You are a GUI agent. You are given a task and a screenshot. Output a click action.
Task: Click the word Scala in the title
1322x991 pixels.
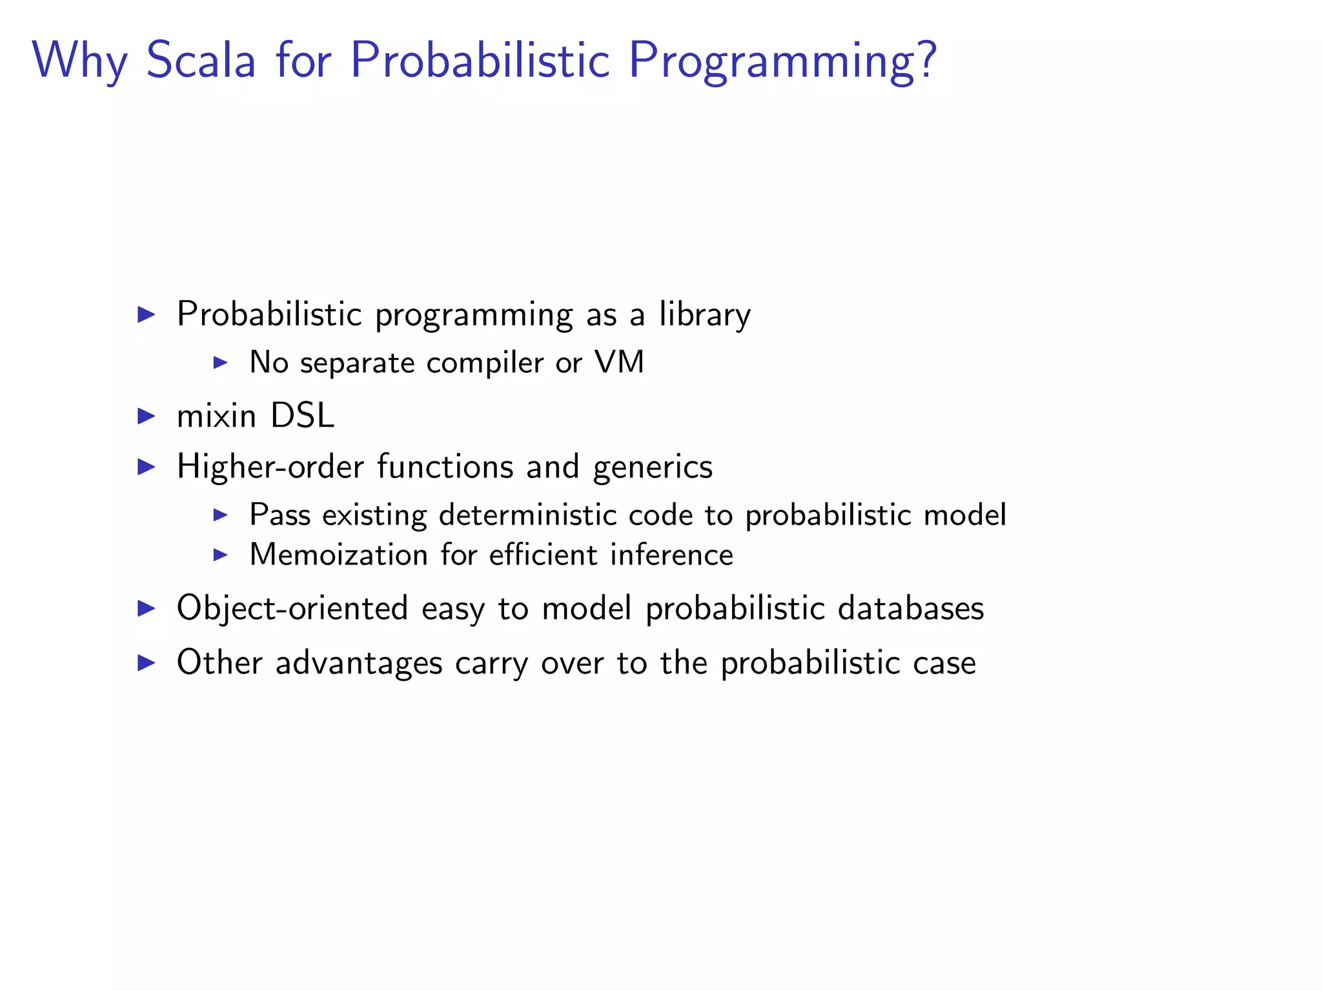(201, 60)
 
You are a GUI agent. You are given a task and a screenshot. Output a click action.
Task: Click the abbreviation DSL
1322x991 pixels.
(302, 415)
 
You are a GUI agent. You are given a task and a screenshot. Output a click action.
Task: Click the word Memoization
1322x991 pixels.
(338, 555)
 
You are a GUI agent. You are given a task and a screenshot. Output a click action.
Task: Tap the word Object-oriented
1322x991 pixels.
(292, 608)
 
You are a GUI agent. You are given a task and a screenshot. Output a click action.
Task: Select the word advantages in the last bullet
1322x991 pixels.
(359, 663)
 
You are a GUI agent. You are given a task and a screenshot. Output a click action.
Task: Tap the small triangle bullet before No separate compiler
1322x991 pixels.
(221, 363)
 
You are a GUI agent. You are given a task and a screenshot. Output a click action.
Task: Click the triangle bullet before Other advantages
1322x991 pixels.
(147, 663)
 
